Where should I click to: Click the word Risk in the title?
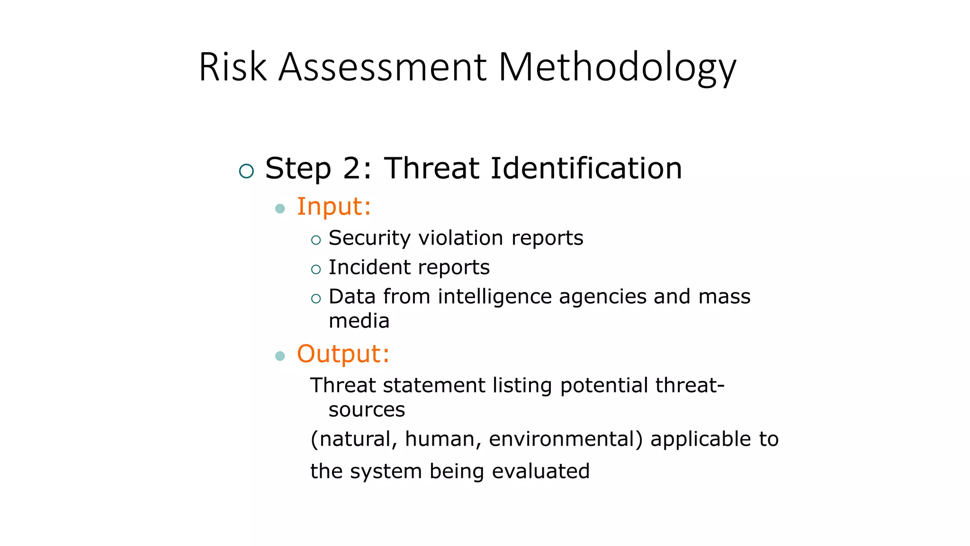[233, 67]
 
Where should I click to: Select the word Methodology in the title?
[617, 68]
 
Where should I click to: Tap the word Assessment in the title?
[382, 67]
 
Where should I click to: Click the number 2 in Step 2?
[352, 168]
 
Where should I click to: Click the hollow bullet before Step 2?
[246, 171]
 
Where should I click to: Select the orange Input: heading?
[333, 207]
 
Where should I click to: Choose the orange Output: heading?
[343, 354]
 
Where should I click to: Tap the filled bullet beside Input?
[280, 209]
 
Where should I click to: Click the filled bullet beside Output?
[280, 356]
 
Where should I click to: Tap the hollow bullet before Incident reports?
[316, 270]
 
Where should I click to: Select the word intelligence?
[494, 297]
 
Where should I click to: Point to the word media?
[359, 321]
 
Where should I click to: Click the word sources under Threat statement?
[367, 410]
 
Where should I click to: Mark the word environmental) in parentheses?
[566, 439]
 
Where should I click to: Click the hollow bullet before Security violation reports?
[316, 240]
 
